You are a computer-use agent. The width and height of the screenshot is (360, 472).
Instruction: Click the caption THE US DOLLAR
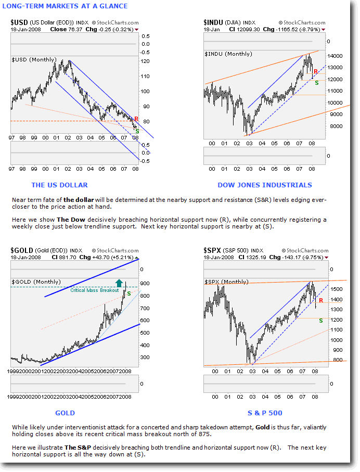pyautogui.click(x=59, y=185)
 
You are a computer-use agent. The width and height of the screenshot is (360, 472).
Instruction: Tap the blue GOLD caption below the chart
pyautogui.click(x=65, y=413)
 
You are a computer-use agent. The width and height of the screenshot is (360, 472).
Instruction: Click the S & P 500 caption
pyautogui.click(x=265, y=413)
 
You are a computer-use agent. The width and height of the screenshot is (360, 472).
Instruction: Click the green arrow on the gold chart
pyautogui.click(x=119, y=283)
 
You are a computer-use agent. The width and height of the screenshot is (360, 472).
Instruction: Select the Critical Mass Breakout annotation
pyautogui.click(x=91, y=290)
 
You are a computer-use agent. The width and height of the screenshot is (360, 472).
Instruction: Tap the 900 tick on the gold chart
pyautogui.click(x=144, y=284)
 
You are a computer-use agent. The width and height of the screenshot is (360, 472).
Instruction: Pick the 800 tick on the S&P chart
pyautogui.click(x=337, y=360)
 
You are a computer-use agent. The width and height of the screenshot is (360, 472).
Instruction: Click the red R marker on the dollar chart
pyautogui.click(x=136, y=119)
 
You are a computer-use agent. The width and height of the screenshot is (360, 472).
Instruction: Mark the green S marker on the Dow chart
pyautogui.click(x=317, y=83)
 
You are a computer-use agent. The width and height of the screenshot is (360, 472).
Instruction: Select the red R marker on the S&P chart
pyautogui.click(x=321, y=300)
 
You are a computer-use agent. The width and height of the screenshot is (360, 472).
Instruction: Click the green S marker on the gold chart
pyautogui.click(x=129, y=294)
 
